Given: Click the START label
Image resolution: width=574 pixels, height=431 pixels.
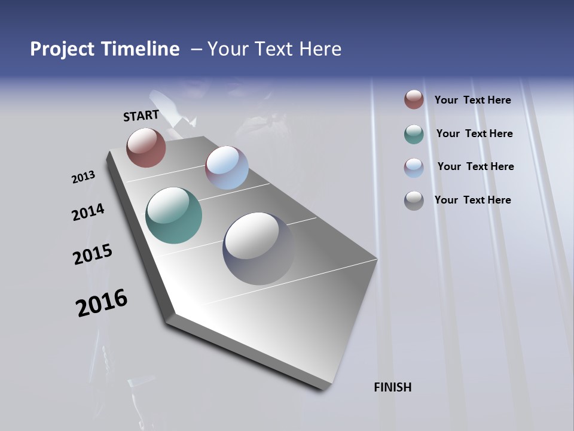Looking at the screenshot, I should point(141,116).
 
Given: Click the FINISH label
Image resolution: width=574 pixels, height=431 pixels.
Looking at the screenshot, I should point(393,387).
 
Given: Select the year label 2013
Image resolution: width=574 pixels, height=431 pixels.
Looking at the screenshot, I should point(83,177).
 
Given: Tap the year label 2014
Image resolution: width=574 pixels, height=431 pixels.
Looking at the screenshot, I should point(88,212).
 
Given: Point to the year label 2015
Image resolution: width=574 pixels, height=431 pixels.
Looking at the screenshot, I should point(93,254).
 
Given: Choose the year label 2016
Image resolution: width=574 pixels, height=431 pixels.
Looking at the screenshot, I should point(102,302).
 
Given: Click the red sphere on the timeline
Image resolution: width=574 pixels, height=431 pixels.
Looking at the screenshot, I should point(146,147).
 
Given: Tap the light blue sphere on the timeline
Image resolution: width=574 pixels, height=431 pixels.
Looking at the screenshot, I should point(227,168).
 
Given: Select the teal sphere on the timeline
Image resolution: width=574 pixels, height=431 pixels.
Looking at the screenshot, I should point(173,215).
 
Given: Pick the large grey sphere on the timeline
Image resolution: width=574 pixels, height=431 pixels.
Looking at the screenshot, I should point(258,248).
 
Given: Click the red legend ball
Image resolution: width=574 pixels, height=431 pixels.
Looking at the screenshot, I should point(414,99).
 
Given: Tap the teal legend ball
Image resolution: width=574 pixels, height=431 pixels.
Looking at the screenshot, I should point(414,134).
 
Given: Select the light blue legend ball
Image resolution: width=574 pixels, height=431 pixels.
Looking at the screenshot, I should point(414,168).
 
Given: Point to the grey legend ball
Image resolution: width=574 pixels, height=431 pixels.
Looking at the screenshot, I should point(414,201).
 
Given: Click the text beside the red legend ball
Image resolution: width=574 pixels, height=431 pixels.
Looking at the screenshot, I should point(472,100).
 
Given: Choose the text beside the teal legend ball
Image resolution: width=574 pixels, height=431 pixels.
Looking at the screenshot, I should point(474,133).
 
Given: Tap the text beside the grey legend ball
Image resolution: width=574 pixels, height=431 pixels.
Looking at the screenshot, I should point(472,200).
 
